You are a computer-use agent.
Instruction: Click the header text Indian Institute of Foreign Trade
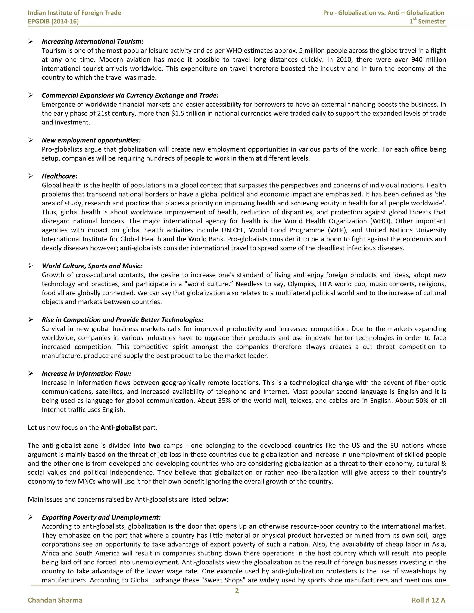[75, 13]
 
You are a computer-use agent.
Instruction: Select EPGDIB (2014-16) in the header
[53, 21]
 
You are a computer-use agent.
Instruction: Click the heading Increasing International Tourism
[92, 42]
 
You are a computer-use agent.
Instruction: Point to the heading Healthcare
[59, 176]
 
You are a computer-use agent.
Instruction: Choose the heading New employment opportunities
[91, 140]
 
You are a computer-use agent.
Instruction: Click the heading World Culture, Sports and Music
[92, 266]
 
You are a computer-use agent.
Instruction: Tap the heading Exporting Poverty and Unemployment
[101, 517]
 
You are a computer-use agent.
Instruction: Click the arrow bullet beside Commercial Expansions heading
[31, 96]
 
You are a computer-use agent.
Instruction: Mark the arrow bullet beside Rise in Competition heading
[31, 320]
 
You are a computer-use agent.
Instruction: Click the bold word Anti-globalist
[121, 427]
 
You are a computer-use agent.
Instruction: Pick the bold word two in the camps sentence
[154, 446]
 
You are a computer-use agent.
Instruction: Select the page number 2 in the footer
[237, 591]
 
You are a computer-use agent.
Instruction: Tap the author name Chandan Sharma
[55, 600]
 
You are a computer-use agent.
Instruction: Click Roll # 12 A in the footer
[428, 600]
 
